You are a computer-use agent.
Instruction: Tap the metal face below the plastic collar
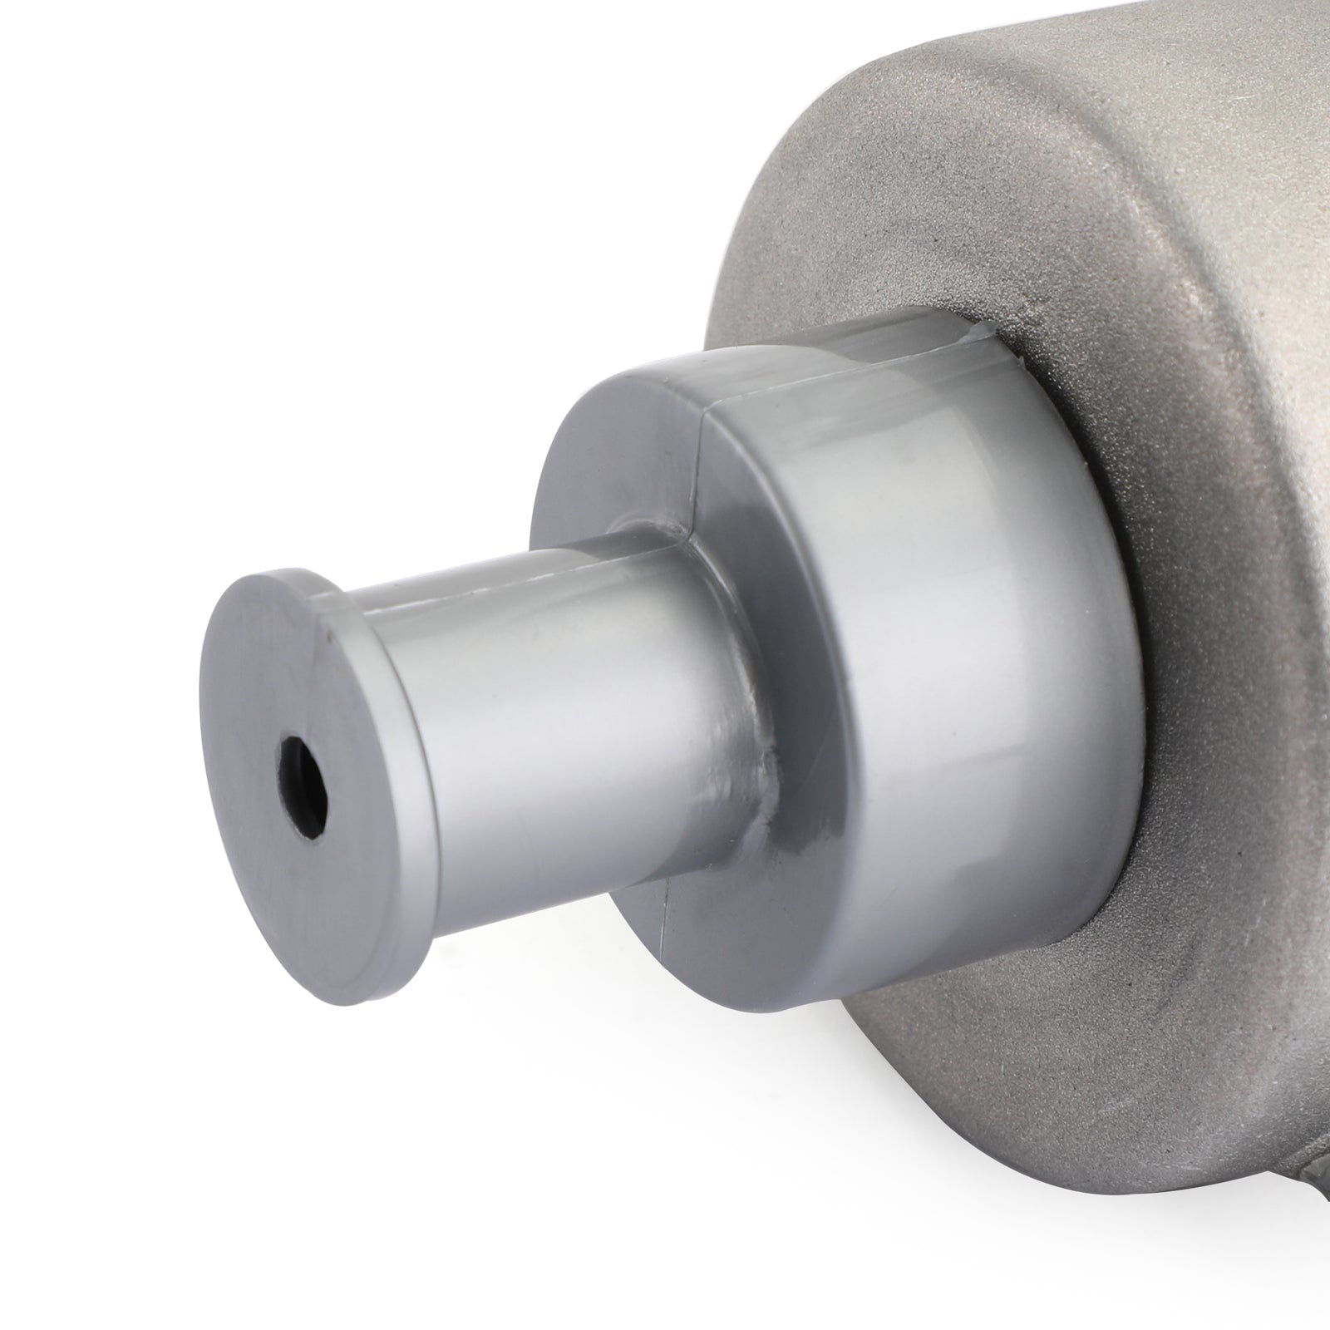coord(956,1081)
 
